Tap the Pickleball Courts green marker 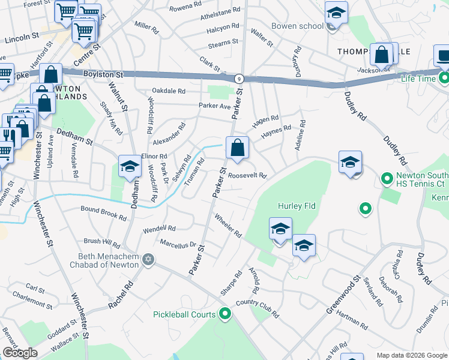tap(225, 313)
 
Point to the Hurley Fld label tap(296, 206)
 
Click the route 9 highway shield tap(238, 78)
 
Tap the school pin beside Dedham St tap(130, 167)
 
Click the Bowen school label tap(298, 26)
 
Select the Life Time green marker tap(444, 78)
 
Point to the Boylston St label tap(103, 74)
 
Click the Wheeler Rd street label tap(228, 226)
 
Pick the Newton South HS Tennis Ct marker tap(387, 179)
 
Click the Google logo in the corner tap(20, 353)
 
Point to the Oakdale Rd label tap(169, 91)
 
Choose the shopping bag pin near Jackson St tap(381, 55)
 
